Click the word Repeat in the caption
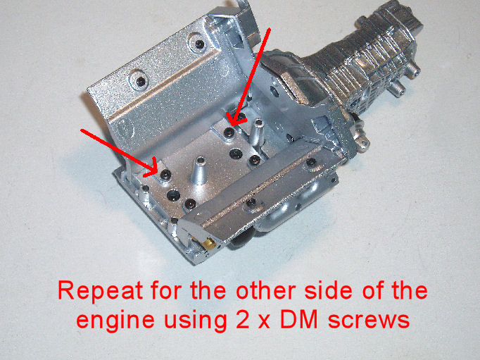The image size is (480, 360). [100, 292]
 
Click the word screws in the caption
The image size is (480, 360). [368, 321]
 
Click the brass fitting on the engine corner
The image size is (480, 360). [208, 243]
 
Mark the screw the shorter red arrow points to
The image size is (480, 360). [165, 174]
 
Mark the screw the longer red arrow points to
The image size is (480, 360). [229, 132]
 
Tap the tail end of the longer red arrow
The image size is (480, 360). [270, 28]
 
